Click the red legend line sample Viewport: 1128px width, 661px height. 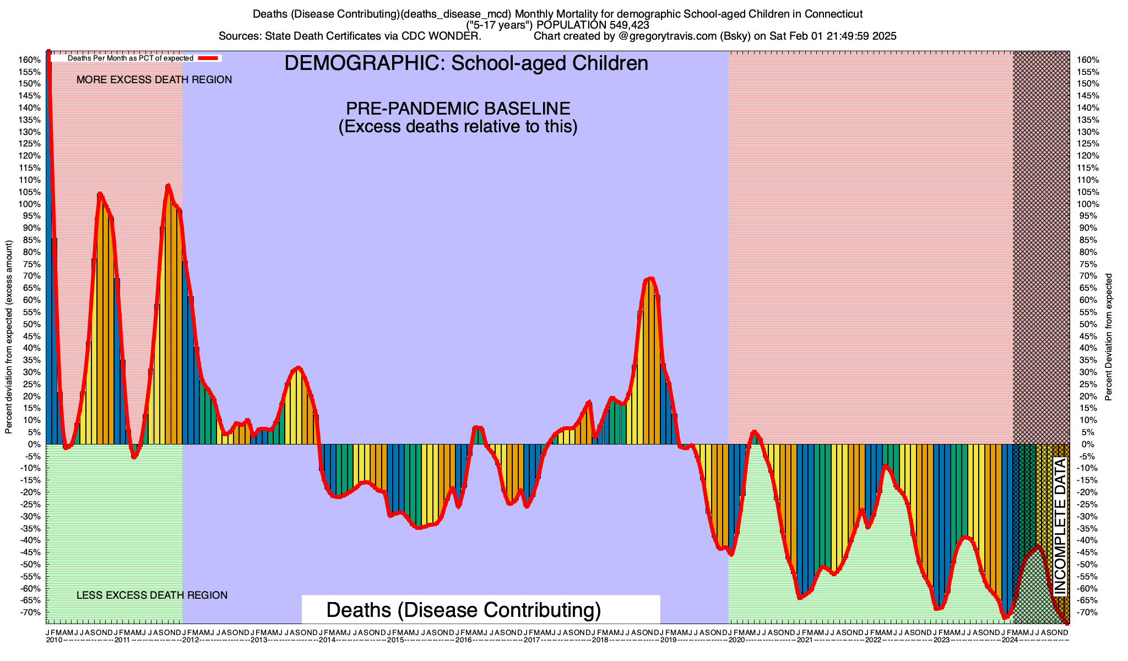[x=209, y=58]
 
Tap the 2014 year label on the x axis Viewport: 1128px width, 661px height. [x=327, y=640]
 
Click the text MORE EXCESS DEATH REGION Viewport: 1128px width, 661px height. [x=154, y=80]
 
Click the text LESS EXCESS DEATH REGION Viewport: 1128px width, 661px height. [x=152, y=595]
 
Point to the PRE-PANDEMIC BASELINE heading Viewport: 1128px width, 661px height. [x=458, y=108]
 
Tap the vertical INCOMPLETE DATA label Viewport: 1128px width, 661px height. [x=1060, y=527]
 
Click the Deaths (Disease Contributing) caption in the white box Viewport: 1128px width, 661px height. [x=463, y=610]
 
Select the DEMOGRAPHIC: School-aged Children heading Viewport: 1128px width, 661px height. [x=466, y=63]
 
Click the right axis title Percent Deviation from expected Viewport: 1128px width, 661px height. [x=1108, y=337]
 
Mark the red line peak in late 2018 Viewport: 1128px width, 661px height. [x=650, y=279]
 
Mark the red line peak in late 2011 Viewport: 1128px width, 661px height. [x=168, y=186]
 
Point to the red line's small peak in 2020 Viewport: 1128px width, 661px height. [x=754, y=431]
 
